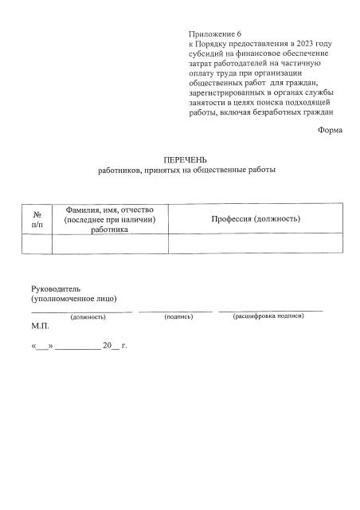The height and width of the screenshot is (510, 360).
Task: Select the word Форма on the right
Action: point(330,129)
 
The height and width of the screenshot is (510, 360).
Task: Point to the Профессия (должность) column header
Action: point(255,218)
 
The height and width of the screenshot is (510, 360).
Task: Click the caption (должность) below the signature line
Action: point(88,317)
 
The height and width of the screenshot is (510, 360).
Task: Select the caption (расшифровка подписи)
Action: point(268,316)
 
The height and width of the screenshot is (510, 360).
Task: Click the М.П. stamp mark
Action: point(40,327)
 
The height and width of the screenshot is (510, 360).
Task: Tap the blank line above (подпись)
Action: point(175,310)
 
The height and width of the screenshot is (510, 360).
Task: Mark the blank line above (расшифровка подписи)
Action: point(271,309)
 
